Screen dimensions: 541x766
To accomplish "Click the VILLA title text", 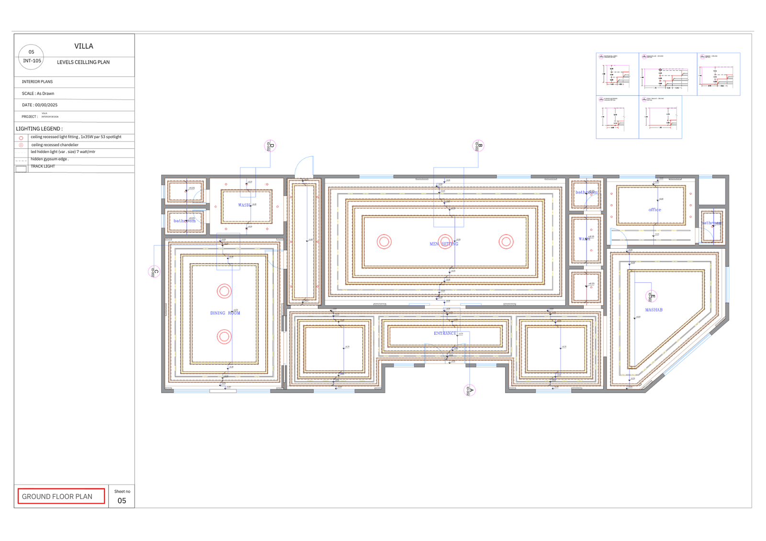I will (84, 46).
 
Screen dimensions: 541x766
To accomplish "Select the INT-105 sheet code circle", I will (31, 57).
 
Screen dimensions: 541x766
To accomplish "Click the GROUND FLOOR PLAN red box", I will (61, 496).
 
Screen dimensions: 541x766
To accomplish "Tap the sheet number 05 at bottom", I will (122, 500).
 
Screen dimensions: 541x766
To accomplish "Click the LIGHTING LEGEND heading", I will (39, 129).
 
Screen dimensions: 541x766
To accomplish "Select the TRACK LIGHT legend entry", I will (43, 166).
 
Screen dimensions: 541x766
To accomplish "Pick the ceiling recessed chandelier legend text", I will (55, 144).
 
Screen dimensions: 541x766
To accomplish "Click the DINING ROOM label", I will (225, 313).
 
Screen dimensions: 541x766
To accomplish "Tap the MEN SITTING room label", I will (444, 244).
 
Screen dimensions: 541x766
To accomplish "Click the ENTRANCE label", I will (445, 333).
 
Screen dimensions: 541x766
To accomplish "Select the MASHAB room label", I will (653, 310).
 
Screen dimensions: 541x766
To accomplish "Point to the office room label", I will (654, 210).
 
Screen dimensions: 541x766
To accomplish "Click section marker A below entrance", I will (470, 390).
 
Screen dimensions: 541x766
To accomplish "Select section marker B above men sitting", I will (478, 146).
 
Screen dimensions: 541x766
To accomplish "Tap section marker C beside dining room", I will (154, 272).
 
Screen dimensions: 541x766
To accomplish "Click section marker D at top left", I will (270, 146).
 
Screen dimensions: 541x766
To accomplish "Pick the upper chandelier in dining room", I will (224, 291).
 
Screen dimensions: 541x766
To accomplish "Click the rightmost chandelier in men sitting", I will (506, 242).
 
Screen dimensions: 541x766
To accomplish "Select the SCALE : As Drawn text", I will (38, 93).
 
